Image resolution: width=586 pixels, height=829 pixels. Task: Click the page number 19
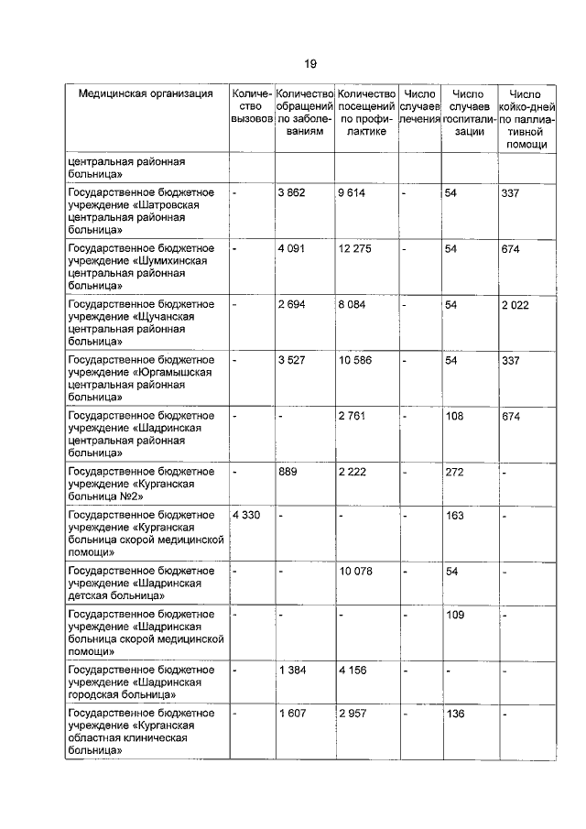point(310,63)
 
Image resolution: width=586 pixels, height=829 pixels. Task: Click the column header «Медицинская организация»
point(146,93)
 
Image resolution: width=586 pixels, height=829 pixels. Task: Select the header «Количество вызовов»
point(252,106)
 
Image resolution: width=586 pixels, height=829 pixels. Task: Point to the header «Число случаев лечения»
point(419,106)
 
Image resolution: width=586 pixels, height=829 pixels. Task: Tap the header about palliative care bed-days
point(526,119)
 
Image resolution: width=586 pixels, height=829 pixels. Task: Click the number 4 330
point(247,516)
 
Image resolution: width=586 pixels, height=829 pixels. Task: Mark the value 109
point(453,615)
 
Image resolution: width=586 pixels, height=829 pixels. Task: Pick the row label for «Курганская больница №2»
point(142,483)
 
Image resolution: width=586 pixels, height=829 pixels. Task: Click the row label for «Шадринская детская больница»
point(142,583)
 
